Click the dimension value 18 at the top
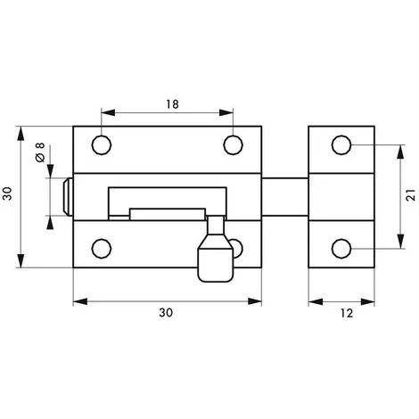(x=172, y=104)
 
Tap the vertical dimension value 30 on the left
(x=7, y=193)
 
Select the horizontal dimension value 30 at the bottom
(x=166, y=313)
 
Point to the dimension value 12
(x=347, y=313)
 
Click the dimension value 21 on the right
(x=411, y=195)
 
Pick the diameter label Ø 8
(x=40, y=152)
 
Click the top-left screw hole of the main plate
(x=102, y=145)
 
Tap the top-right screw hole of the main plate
(x=234, y=145)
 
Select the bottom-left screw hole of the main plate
(x=102, y=249)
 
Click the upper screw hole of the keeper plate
(x=341, y=145)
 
